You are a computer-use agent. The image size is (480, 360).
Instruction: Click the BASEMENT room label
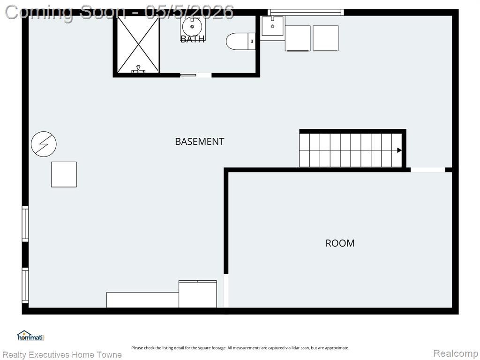pos(200,142)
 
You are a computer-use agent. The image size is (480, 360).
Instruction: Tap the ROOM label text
pos(340,243)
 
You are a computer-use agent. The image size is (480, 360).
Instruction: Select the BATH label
pos(192,39)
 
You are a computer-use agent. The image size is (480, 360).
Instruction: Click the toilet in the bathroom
pos(240,41)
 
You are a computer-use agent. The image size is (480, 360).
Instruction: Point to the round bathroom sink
pos(192,27)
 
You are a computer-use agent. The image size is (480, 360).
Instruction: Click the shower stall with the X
pos(138,45)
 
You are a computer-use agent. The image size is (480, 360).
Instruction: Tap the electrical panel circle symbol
pos(44,144)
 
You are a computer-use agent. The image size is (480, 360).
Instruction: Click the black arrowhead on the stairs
pos(399,150)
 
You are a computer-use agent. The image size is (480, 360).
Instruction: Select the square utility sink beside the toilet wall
pos(272,26)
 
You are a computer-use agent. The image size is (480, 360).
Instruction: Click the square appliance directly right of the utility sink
pos(298,38)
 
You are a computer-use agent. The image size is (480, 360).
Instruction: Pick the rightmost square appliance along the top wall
pos(325,38)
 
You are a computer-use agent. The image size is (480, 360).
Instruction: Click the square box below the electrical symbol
pos(64,174)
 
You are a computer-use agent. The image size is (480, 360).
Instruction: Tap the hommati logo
pos(30,336)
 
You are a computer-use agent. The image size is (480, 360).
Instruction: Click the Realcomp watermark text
pos(456,353)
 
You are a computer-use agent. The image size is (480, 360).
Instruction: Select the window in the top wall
pos(306,12)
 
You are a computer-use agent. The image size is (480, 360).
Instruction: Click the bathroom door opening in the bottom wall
pos(195,75)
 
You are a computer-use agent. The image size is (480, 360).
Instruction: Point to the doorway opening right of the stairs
pos(427,170)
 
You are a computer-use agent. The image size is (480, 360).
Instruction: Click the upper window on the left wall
pos(25,224)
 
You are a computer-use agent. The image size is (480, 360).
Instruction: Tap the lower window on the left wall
pos(25,285)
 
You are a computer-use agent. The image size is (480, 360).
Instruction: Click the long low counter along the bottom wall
pos(142,300)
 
